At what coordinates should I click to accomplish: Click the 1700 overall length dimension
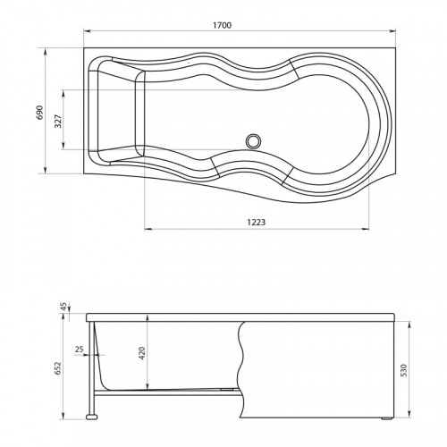point(222,25)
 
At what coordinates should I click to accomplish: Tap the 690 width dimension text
point(39,113)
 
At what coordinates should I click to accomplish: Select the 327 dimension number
point(58,121)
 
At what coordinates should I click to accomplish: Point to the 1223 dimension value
point(257,222)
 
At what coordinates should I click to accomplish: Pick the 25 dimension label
point(79,349)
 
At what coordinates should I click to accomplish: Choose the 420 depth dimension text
point(142,353)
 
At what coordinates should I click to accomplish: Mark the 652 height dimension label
point(57,368)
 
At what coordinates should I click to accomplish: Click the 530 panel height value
point(403,370)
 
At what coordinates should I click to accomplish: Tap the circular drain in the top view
point(254,141)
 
